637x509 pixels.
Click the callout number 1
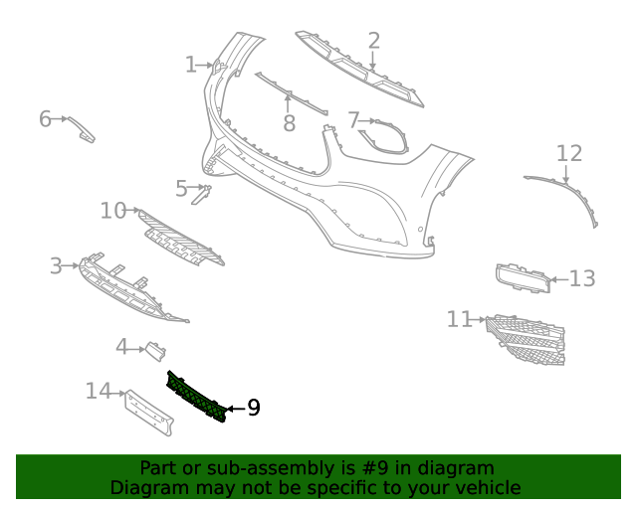point(191,65)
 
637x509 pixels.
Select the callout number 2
point(374,41)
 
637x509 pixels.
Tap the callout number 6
point(45,119)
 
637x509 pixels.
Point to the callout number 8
point(290,123)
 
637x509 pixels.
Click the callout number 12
point(569,153)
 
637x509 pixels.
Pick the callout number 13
point(581,278)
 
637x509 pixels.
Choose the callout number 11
point(459,319)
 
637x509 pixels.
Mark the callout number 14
point(98,391)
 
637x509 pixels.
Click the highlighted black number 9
point(254,408)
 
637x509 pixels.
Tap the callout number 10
point(112,211)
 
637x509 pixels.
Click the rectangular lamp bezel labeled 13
point(523,278)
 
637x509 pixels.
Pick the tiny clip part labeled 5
point(201,195)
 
